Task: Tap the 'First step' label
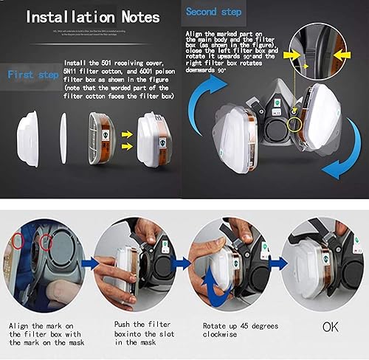coord(31,75)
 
